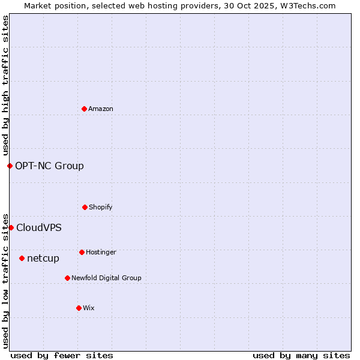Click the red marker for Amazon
(85, 109)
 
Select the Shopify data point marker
(85, 207)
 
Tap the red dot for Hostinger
(82, 252)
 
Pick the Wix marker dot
(79, 308)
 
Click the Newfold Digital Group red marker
(67, 278)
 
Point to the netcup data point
(22, 258)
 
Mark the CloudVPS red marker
(11, 227)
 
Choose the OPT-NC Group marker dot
(10, 166)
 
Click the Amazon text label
(101, 109)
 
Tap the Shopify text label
(101, 207)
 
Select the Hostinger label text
(101, 252)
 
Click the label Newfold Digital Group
(106, 278)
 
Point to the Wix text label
(89, 308)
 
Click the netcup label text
(43, 259)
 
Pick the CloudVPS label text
(39, 228)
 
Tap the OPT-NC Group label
(49, 166)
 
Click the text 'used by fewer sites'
(62, 355)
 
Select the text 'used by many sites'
(301, 355)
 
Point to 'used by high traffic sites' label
(5, 85)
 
